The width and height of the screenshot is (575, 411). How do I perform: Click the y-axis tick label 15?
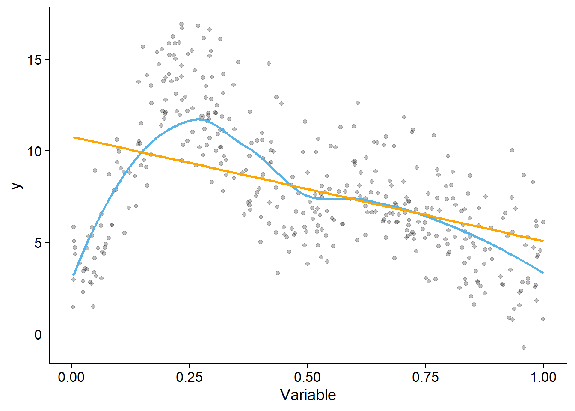(x=35, y=60)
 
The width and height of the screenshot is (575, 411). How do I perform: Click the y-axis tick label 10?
(x=35, y=151)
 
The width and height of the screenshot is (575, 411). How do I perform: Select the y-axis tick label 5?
(x=38, y=243)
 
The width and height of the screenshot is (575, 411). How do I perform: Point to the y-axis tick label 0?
(x=38, y=334)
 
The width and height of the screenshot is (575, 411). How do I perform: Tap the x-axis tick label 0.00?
(x=71, y=377)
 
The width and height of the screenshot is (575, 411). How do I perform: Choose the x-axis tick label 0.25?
(x=189, y=377)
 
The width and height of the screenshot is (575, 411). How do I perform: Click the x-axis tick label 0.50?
(x=307, y=377)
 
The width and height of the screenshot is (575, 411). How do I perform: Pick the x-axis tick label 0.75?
(x=425, y=377)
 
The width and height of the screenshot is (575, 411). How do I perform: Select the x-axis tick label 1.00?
(x=543, y=377)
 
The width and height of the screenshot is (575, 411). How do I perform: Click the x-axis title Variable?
(x=308, y=395)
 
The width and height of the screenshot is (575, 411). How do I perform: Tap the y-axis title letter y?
(x=16, y=185)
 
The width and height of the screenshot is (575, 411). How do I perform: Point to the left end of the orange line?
(x=74, y=137)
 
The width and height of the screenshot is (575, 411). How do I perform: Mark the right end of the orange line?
(x=543, y=241)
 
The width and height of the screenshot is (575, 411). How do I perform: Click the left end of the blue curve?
(x=74, y=275)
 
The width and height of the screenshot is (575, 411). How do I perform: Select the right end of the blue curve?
(x=543, y=273)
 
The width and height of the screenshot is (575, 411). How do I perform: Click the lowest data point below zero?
(x=524, y=348)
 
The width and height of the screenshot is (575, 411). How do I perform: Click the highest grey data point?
(x=181, y=24)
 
